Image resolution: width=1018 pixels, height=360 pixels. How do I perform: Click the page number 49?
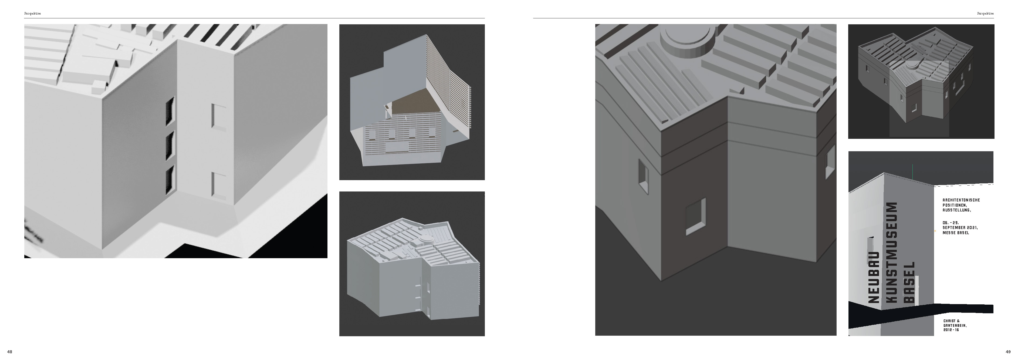coord(1008,352)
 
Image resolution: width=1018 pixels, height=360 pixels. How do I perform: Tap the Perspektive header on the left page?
coord(33,14)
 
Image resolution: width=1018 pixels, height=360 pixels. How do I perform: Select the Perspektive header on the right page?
coord(986,14)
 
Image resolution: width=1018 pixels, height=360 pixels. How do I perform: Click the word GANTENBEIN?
coord(954,325)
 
